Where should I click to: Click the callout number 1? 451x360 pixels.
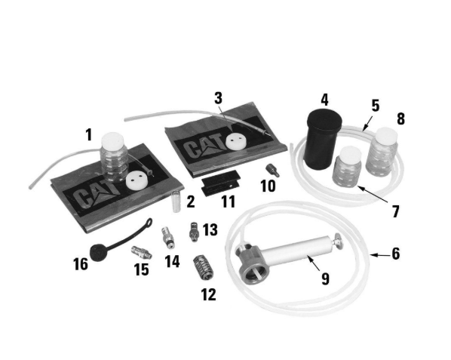(x=88, y=135)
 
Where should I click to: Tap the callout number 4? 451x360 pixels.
(x=324, y=99)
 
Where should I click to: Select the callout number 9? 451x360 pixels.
(x=325, y=278)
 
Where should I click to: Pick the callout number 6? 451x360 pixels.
(x=395, y=254)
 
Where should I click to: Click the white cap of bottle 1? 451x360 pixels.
(x=112, y=140)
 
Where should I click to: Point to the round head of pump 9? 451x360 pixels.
(x=249, y=261)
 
